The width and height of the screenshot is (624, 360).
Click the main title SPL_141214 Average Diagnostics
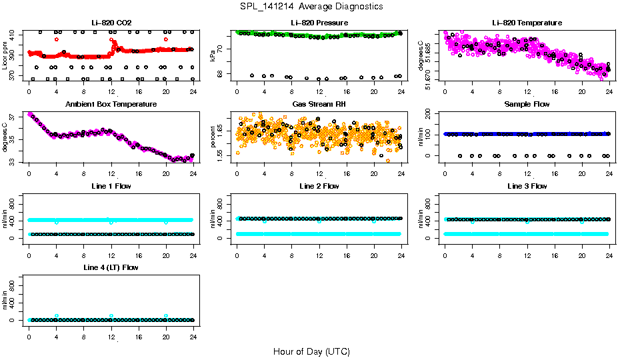[312, 6]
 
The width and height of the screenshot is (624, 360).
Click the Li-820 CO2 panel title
[111, 23]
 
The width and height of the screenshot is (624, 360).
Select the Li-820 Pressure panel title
[318, 23]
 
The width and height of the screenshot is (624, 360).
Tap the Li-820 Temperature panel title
[527, 23]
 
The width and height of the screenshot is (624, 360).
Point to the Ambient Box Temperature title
[111, 105]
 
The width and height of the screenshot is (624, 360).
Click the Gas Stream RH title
[318, 105]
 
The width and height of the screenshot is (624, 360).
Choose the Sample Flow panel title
[527, 105]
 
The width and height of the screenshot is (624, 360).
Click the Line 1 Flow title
[111, 187]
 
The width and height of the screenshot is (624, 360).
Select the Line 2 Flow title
[318, 187]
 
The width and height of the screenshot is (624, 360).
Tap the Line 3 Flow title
[527, 187]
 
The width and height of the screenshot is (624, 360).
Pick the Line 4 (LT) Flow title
[111, 268]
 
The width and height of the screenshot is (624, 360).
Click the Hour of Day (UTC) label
[311, 351]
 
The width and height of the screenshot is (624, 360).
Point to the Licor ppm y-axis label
[5, 56]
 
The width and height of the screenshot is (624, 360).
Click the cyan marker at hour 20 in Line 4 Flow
[166, 316]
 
